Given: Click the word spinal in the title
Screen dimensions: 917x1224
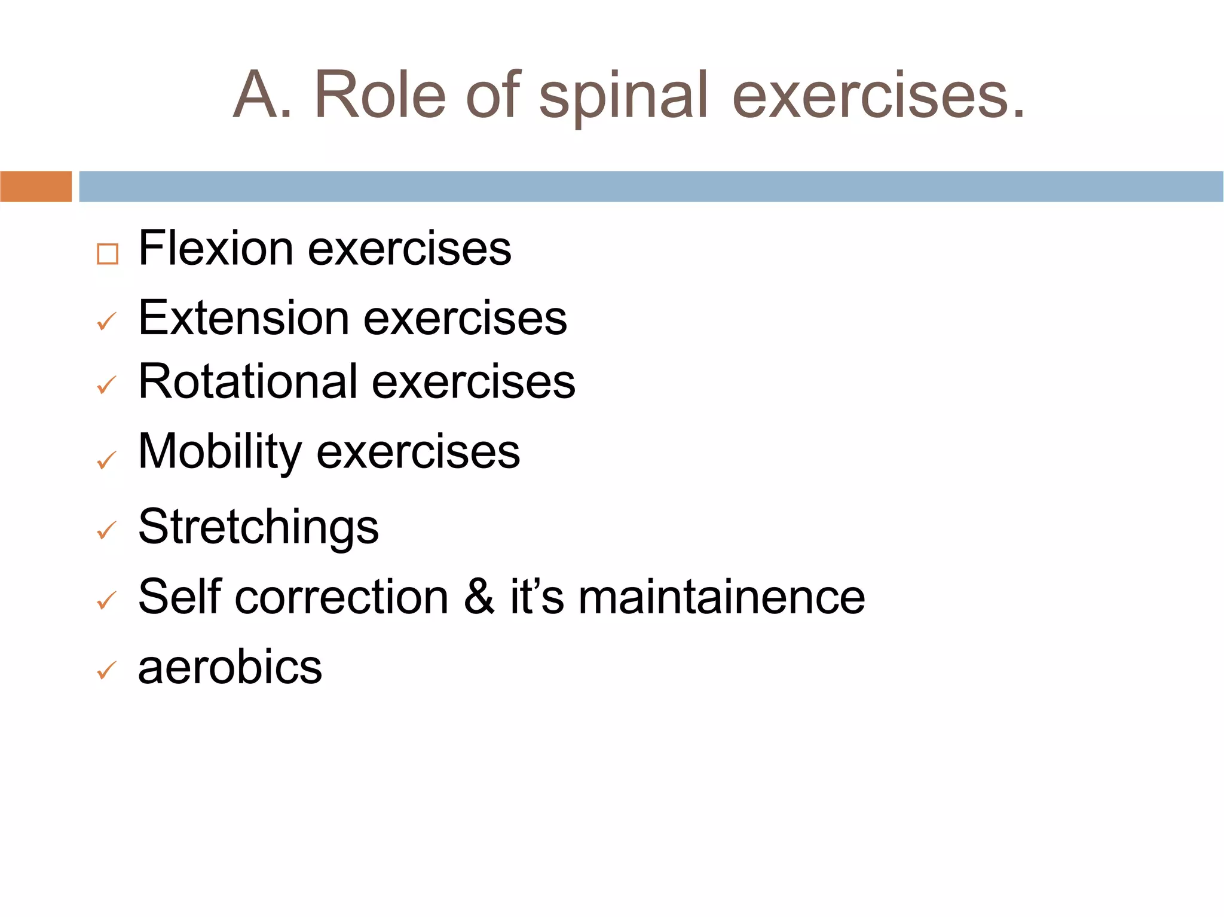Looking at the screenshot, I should pos(623,96).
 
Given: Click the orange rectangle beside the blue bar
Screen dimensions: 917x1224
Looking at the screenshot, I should pos(36,187).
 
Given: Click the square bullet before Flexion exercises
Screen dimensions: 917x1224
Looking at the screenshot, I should pos(108,254).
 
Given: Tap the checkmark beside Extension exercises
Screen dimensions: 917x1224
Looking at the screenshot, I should pos(106,322).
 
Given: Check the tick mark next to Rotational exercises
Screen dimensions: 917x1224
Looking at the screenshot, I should pos(106,386).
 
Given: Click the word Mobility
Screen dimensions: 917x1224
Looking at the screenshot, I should pos(219,451).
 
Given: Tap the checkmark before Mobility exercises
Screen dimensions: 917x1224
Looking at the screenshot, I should pos(106,460).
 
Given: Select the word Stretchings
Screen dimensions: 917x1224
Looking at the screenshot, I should pos(258,527).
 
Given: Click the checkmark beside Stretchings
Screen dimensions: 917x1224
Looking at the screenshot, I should pos(106,531).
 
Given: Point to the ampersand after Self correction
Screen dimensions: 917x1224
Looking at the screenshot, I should pos(479,597).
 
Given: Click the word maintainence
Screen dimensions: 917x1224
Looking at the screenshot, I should pos(721,597).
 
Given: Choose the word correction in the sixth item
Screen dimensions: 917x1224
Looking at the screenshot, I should pos(341,597).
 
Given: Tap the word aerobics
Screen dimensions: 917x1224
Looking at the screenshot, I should pos(230,667).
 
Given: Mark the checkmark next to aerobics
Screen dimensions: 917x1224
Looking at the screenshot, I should pos(106,671).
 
